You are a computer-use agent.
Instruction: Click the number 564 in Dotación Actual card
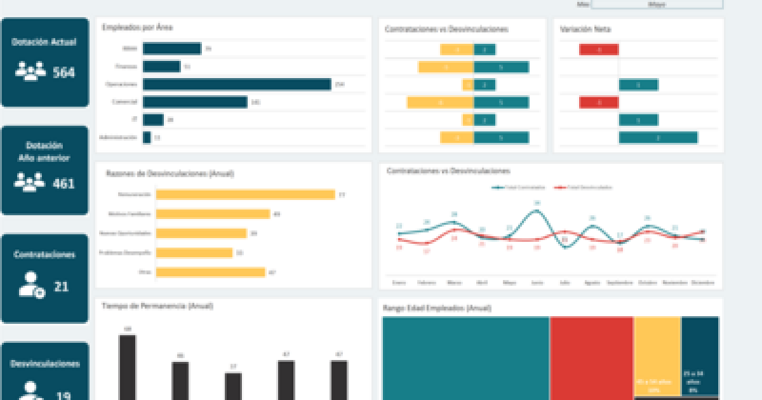(x=63, y=72)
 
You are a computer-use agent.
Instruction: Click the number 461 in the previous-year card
(x=63, y=183)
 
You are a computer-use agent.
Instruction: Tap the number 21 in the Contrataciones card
(x=61, y=287)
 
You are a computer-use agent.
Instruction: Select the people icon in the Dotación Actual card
(x=30, y=71)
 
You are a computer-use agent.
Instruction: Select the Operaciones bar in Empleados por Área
(x=237, y=84)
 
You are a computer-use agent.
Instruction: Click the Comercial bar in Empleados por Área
(x=195, y=102)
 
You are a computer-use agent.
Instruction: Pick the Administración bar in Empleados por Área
(x=147, y=138)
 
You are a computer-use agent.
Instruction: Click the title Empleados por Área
(x=138, y=27)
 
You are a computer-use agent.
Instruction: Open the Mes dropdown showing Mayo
(x=657, y=4)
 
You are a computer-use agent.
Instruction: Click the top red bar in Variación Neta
(x=598, y=50)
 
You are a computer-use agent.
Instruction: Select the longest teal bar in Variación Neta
(x=658, y=138)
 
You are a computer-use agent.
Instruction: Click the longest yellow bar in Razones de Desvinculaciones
(x=245, y=195)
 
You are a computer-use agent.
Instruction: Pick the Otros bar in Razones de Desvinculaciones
(x=210, y=272)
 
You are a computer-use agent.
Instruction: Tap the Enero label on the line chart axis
(x=399, y=282)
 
